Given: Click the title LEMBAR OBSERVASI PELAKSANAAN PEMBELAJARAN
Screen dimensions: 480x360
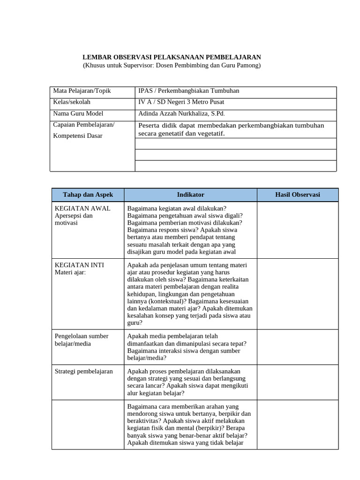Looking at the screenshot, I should pyautogui.click(x=172, y=57).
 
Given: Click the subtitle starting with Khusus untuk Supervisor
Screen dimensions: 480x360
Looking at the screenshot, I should pyautogui.click(x=172, y=65).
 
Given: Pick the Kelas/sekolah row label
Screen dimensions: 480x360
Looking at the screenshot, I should pyautogui.click(x=72, y=102).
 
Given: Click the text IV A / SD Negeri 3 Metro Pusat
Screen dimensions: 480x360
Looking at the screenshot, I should pyautogui.click(x=182, y=102).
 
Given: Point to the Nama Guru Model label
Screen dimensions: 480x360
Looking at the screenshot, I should pyautogui.click(x=78, y=113).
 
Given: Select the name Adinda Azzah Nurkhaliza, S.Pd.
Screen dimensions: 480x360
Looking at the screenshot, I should pyautogui.click(x=181, y=113).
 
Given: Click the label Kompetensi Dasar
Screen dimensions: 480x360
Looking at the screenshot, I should pyautogui.click(x=77, y=136).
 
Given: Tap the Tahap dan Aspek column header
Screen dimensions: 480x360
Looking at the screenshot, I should pyautogui.click(x=88, y=195).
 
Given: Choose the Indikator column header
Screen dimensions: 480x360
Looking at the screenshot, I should pyautogui.click(x=190, y=195).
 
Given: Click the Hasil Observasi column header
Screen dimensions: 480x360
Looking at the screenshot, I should pyautogui.click(x=297, y=195).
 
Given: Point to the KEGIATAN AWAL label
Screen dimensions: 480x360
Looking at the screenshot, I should pyautogui.click(x=82, y=208).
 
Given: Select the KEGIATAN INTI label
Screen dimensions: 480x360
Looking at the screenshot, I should pyautogui.click(x=79, y=265).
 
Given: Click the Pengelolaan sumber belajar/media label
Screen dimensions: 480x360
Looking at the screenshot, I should pyautogui.click(x=82, y=340).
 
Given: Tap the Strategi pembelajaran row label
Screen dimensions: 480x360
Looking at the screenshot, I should pyautogui.click(x=84, y=371).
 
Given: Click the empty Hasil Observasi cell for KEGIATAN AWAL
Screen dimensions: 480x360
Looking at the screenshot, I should pyautogui.click(x=297, y=230).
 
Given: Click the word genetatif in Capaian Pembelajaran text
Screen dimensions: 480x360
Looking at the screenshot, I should pyautogui.click(x=176, y=134).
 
